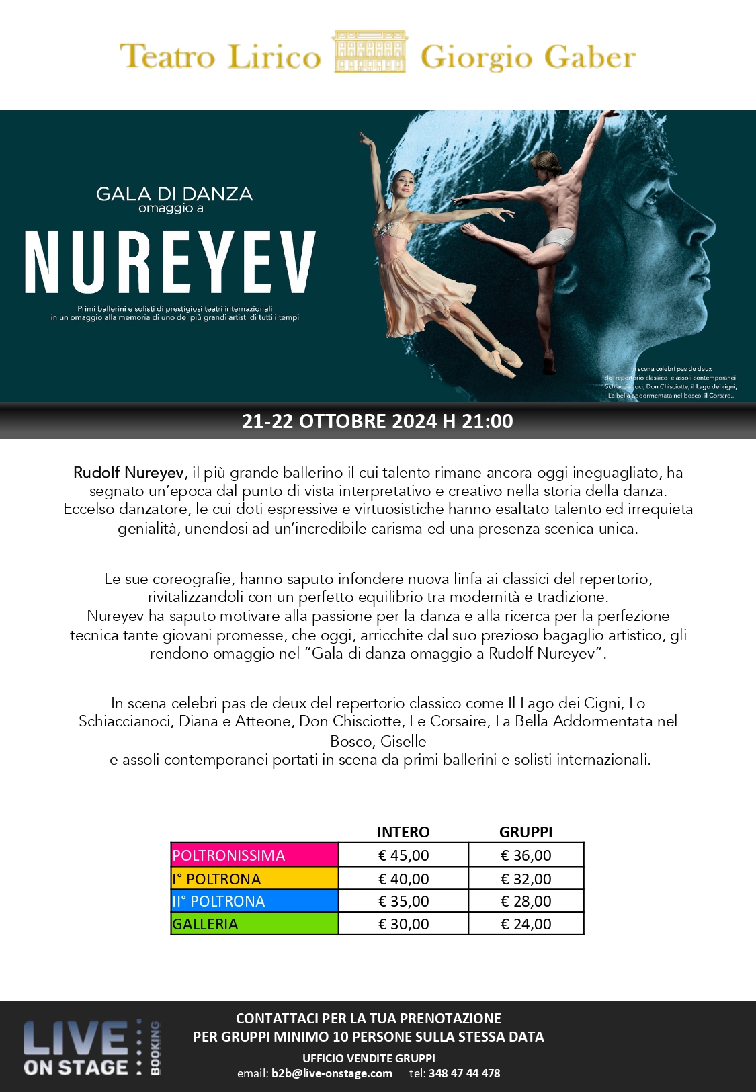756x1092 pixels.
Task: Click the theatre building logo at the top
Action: [x=370, y=51]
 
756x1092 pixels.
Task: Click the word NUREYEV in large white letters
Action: [x=170, y=263]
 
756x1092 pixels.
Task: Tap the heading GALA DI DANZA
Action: [x=174, y=194]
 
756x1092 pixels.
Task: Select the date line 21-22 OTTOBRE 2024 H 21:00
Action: [x=378, y=421]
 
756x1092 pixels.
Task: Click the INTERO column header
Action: [x=403, y=832]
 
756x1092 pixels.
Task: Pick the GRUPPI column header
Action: [x=526, y=832]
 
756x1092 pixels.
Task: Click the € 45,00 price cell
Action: [x=403, y=855]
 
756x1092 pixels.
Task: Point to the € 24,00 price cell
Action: [x=526, y=924]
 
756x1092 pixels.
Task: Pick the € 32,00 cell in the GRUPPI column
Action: [x=526, y=879]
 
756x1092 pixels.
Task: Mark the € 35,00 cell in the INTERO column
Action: [x=403, y=901]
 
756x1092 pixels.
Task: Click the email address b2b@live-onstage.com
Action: [x=331, y=1073]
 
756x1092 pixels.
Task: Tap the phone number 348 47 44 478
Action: [x=464, y=1073]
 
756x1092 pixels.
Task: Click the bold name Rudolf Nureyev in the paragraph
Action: [x=128, y=472]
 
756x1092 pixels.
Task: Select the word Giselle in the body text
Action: [x=403, y=741]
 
